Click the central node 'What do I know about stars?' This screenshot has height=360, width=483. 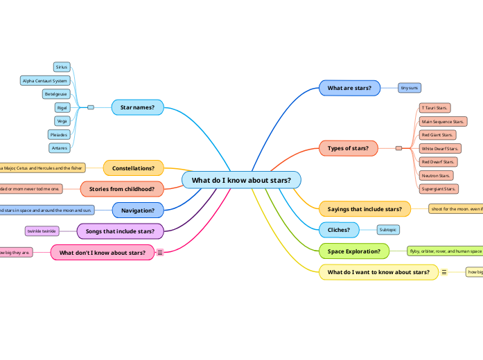pos(241,180)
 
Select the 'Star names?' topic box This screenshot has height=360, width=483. pos(137,107)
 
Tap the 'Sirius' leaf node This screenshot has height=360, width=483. pos(62,67)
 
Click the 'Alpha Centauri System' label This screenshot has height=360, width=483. pos(45,80)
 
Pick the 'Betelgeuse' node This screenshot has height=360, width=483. pos(55,93)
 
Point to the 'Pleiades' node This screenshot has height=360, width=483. pos(58,134)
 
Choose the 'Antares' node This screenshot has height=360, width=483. pos(59,147)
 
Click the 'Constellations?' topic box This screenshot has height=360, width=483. pos(133,168)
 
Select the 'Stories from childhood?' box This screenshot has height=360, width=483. pos(122,188)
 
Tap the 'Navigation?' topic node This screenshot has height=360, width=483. pos(138,210)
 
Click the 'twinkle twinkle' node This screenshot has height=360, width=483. pos(42,231)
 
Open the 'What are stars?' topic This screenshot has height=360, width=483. pos(349,88)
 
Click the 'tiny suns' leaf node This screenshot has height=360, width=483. pos(410,88)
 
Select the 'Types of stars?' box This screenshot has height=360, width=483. pos(348,147)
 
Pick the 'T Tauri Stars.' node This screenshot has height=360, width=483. pos(434,108)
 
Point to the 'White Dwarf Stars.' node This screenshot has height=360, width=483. pos(440,148)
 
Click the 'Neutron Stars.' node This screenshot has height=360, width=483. pos(436,175)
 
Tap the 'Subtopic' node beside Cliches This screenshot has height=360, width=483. pos(388,229)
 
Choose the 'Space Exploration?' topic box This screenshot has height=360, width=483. pos(353,251)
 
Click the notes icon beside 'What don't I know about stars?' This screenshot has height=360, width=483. pos(160,253)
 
